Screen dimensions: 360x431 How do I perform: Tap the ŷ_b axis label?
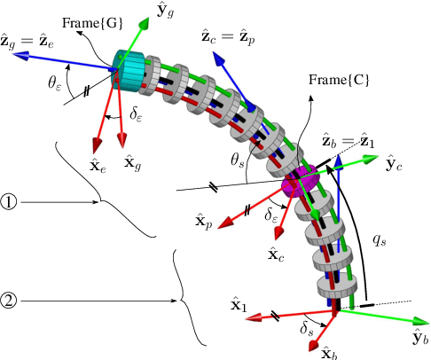pyautogui.click(x=419, y=336)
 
